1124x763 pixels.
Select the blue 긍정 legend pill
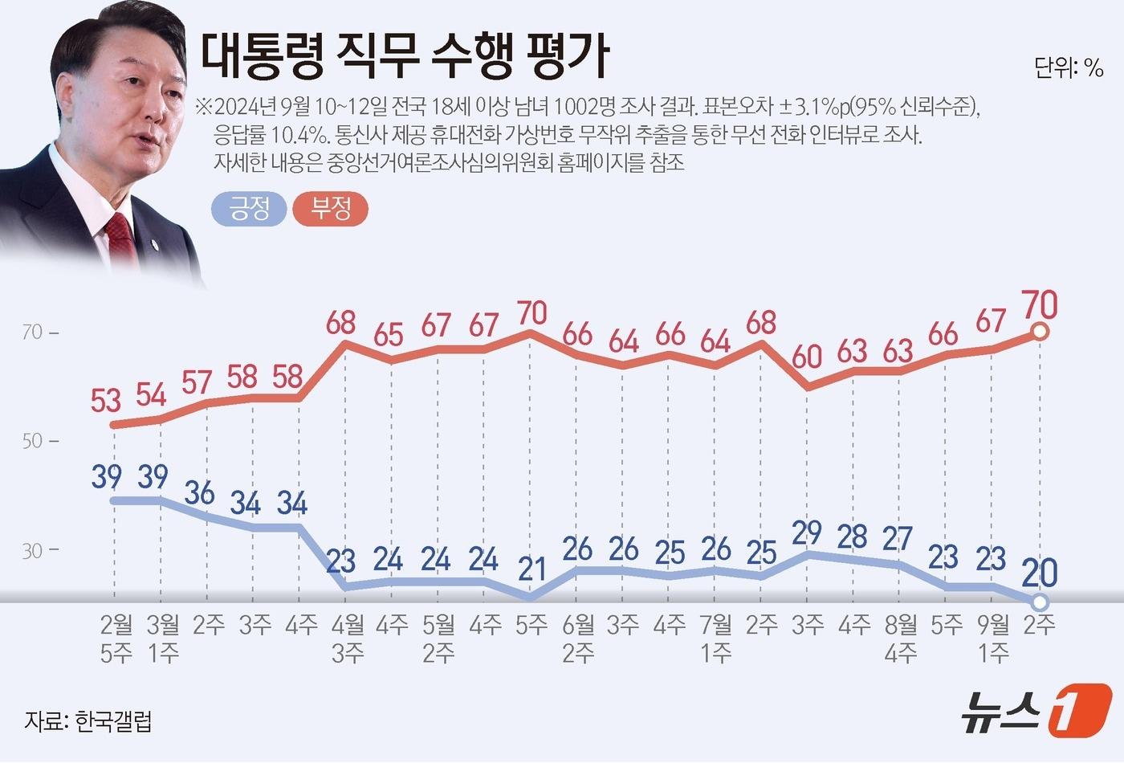coord(249,209)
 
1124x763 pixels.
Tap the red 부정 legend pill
coord(331,209)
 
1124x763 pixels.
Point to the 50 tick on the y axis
coord(33,441)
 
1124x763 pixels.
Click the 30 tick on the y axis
coord(33,551)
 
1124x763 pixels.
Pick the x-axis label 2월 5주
coord(116,639)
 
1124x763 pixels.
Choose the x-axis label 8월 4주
coord(901,639)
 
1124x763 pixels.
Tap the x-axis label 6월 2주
coord(578,639)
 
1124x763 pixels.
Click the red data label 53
coord(106,399)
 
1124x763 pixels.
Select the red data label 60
coord(806,356)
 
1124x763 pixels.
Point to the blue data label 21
coord(531,569)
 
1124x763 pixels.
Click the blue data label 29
coord(806,532)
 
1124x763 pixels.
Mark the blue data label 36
coord(199,492)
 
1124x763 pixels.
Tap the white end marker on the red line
coord(1039,332)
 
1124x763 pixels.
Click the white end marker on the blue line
coord(1039,602)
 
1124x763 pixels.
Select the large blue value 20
coord(1040,572)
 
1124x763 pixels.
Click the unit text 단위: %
coord(1069,68)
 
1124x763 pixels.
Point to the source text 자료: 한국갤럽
coord(88,720)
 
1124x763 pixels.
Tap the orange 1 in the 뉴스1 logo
coord(1080,710)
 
